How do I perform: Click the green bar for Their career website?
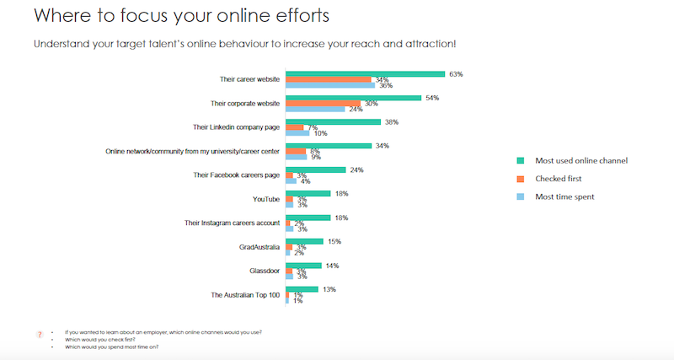click(365, 74)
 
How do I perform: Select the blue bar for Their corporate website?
click(315, 110)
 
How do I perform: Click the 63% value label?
click(456, 74)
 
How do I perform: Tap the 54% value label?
click(432, 98)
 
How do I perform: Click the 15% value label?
click(334, 241)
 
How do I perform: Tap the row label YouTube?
click(266, 199)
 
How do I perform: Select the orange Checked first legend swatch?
click(520, 178)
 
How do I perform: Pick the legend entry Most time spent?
click(565, 196)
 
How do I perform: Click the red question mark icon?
click(40, 335)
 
